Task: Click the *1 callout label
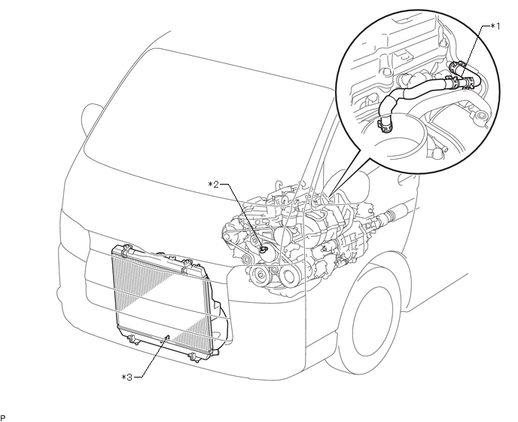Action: coord(494,26)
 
